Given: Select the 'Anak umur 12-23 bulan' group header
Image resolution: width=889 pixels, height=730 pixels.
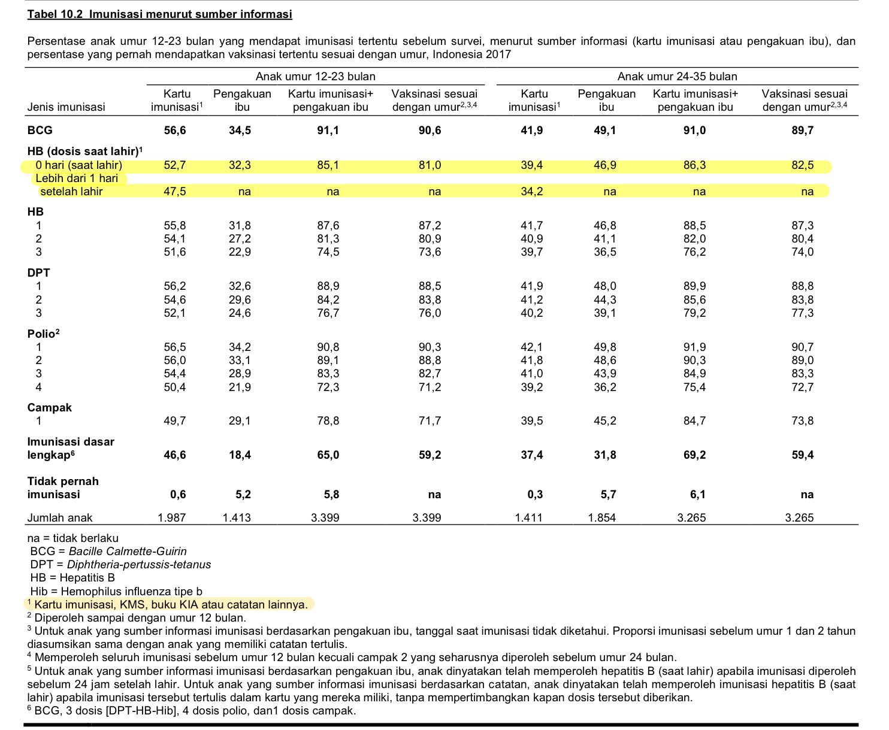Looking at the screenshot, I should pyautogui.click(x=315, y=76).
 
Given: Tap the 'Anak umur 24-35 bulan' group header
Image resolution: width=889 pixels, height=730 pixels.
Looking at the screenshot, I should pyautogui.click(x=677, y=76).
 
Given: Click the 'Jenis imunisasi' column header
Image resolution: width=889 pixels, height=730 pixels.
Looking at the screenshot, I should pyautogui.click(x=66, y=107).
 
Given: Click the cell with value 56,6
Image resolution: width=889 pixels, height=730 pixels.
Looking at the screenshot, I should pyautogui.click(x=175, y=131).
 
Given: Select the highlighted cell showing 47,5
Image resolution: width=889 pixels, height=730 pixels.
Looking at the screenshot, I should pyautogui.click(x=175, y=192).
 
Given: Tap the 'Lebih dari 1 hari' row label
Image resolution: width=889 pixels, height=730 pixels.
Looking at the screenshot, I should pyautogui.click(x=77, y=178).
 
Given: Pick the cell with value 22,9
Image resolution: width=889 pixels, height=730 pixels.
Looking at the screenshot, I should pyautogui.click(x=240, y=252).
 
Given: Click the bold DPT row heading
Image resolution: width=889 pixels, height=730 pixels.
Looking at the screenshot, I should pyautogui.click(x=39, y=272).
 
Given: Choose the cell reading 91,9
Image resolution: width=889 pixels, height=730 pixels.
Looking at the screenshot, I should pyautogui.click(x=694, y=347).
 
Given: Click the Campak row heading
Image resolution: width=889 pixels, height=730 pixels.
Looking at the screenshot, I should pyautogui.click(x=50, y=407).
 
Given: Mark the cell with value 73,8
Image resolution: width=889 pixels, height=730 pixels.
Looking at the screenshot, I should pyautogui.click(x=802, y=421).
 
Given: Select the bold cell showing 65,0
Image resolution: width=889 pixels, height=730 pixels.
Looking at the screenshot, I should pyautogui.click(x=328, y=455).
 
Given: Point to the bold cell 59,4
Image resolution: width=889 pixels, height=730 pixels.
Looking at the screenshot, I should pyautogui.click(x=802, y=455).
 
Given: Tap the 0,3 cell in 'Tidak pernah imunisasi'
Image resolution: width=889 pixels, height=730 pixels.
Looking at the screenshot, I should pyautogui.click(x=535, y=495).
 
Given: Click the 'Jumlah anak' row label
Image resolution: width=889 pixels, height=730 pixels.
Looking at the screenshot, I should pyautogui.click(x=60, y=517).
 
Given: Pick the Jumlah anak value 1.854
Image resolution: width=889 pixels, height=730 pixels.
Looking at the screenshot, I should pyautogui.click(x=602, y=517).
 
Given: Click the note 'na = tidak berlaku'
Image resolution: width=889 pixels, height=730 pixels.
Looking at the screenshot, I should pyautogui.click(x=73, y=538).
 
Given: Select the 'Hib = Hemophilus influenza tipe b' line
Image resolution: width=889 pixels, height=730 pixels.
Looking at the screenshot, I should pyautogui.click(x=116, y=592).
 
